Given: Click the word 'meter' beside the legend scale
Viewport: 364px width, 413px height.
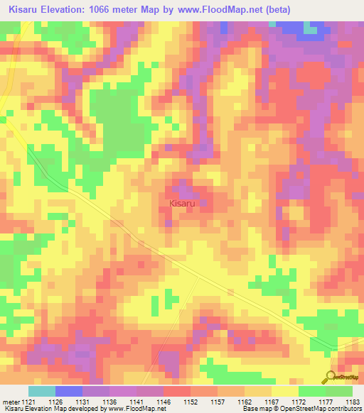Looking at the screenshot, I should (11, 402).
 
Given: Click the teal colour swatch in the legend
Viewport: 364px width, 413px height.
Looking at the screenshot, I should (42, 391).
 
